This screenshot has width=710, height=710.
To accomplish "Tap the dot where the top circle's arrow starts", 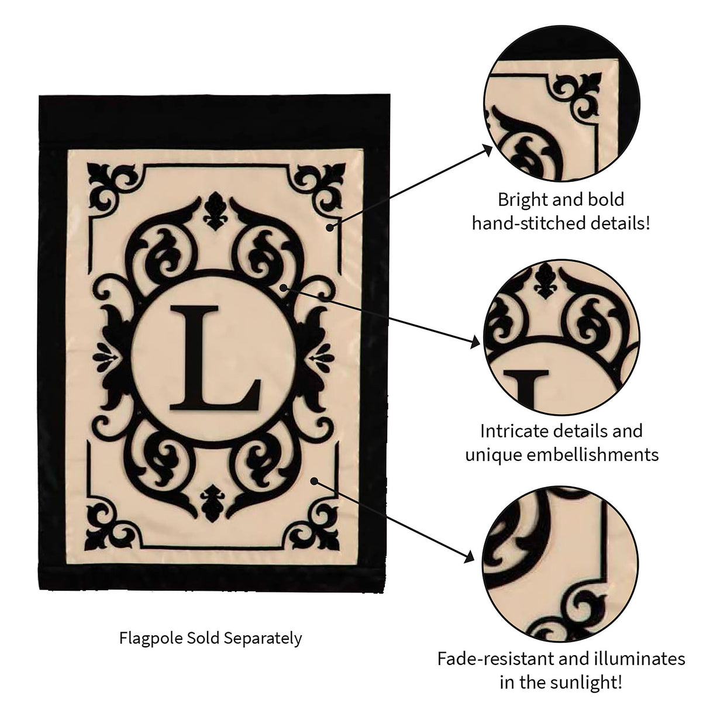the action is [330, 228].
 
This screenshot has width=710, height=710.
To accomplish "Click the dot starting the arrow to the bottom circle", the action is [314, 481].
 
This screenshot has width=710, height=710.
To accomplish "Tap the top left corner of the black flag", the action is [39, 96].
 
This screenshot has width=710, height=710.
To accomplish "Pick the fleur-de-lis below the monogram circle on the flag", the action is [213, 503].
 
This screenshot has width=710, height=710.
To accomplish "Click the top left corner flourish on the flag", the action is [115, 188].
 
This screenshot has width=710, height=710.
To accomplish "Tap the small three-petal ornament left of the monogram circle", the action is [106, 357].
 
